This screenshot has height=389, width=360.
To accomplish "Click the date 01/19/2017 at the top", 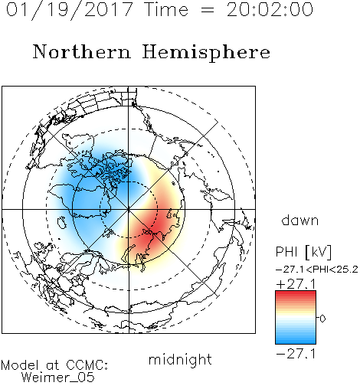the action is pyautogui.click(x=70, y=10).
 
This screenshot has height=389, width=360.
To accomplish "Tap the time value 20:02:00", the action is pyautogui.click(x=270, y=10).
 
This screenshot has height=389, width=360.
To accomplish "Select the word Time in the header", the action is pyautogui.click(x=166, y=10).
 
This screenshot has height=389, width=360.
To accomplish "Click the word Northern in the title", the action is pyautogui.click(x=82, y=51).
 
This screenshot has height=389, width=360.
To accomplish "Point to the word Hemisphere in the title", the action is pyautogui.click(x=206, y=53).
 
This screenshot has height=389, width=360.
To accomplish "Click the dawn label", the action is pyautogui.click(x=300, y=220).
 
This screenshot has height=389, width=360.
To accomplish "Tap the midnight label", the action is pyautogui.click(x=180, y=359).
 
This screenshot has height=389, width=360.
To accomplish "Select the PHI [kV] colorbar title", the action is pyautogui.click(x=303, y=252).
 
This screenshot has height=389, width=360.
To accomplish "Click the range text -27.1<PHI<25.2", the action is pyautogui.click(x=316, y=270).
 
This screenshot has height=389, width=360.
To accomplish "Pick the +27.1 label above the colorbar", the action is pyautogui.click(x=296, y=284).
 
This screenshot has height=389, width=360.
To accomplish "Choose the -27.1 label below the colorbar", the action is pyautogui.click(x=296, y=354).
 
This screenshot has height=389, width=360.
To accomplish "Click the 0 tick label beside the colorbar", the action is pyautogui.click(x=322, y=319).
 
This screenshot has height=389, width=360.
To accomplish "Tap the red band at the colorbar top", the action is pyautogui.click(x=296, y=294).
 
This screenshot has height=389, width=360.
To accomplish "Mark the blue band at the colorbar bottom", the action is pyautogui.click(x=296, y=340).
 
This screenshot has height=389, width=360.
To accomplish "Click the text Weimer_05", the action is pyautogui.click(x=58, y=378).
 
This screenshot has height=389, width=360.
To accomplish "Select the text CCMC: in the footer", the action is pyautogui.click(x=87, y=365).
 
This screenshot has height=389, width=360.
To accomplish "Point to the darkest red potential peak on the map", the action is pyautogui.click(x=152, y=228).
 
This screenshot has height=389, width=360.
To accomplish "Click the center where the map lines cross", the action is pyautogui.click(x=129, y=209).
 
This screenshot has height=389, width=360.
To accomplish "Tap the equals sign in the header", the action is pyautogui.click(x=208, y=10).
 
